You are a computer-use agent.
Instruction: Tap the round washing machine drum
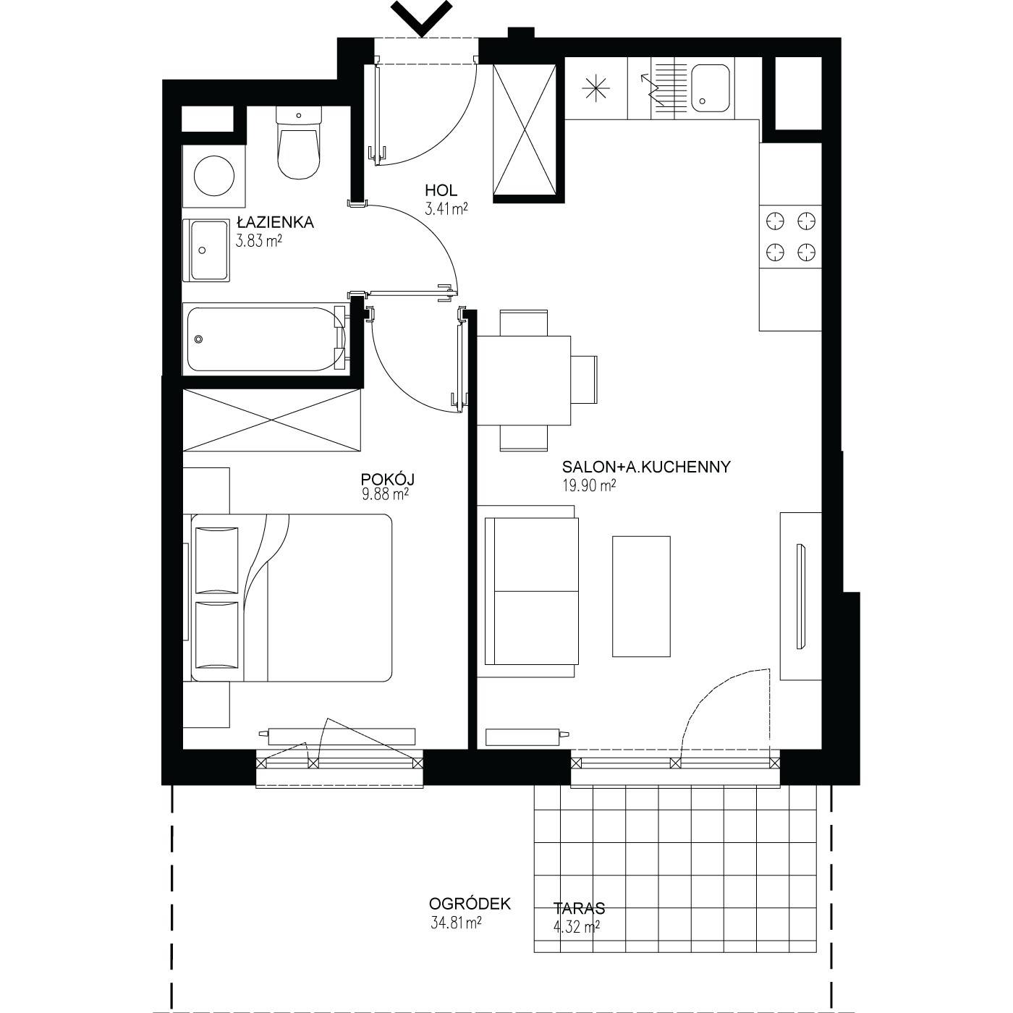[x=214, y=176]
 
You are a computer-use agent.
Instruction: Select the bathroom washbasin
[x=206, y=250]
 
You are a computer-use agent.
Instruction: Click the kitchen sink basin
[x=711, y=89]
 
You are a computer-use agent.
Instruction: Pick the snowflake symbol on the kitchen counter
[x=596, y=88]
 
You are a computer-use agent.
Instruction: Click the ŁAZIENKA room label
[x=275, y=222]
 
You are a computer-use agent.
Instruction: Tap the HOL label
[x=441, y=190]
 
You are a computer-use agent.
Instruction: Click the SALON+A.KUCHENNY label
[x=646, y=466]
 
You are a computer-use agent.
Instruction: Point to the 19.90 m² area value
[x=589, y=486]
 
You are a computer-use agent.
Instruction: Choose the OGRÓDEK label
[x=470, y=904]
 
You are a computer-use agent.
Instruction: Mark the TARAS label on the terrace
[x=579, y=908]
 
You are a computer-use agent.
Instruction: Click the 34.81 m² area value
[x=456, y=923]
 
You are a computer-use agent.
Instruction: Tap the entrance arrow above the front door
[x=422, y=19]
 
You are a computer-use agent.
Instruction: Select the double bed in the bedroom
[x=292, y=598]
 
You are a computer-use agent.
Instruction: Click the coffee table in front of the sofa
[x=641, y=596]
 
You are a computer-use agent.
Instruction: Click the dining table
[x=524, y=380]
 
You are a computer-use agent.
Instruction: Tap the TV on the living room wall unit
[x=800, y=597]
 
